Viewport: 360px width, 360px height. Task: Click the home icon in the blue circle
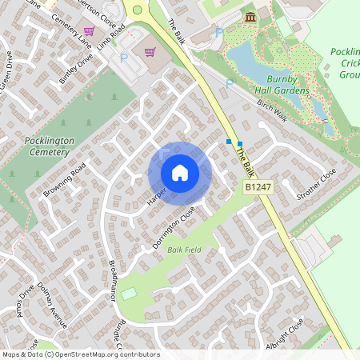[x=180, y=173]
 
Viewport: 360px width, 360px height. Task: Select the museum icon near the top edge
[x=250, y=18]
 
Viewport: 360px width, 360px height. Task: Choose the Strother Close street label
[x=316, y=185]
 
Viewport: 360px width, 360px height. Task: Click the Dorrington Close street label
[x=174, y=227]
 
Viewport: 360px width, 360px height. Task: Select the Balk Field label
[x=183, y=250]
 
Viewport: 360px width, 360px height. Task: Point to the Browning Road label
[x=66, y=182]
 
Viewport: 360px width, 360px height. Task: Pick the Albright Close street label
[x=286, y=324]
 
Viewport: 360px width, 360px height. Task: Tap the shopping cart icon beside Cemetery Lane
[x=89, y=32]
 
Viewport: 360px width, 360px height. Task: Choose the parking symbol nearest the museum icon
[x=219, y=33]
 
